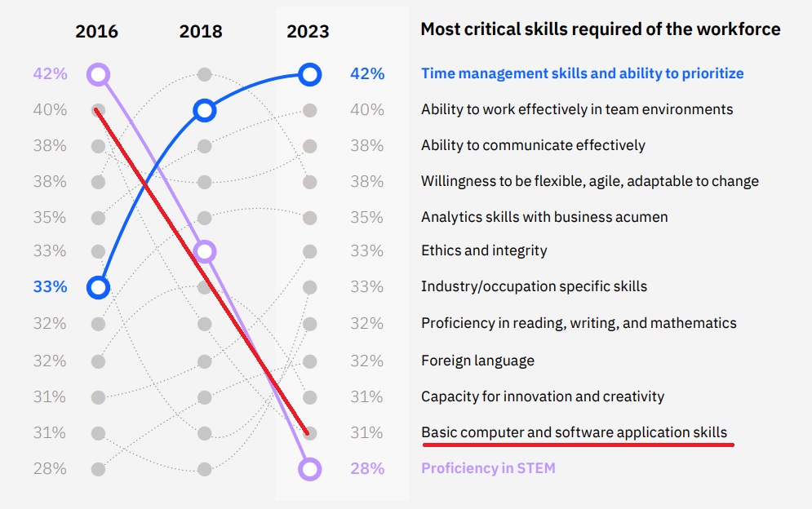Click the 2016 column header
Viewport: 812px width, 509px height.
click(96, 32)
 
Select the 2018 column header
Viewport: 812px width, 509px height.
click(201, 32)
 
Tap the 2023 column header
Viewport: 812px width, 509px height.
click(308, 32)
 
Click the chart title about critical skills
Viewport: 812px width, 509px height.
click(600, 29)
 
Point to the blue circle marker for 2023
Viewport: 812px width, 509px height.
click(309, 75)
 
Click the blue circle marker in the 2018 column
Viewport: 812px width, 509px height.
click(204, 110)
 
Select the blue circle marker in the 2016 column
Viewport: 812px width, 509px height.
click(98, 287)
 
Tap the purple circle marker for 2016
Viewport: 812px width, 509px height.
click(98, 75)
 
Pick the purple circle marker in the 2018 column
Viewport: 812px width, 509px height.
click(205, 251)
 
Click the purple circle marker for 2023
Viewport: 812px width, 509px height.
click(309, 469)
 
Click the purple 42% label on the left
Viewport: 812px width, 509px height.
click(50, 74)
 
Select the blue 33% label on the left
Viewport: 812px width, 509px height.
click(50, 287)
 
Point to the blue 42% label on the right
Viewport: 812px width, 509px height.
click(366, 74)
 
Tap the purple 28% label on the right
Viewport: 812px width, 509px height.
click(366, 469)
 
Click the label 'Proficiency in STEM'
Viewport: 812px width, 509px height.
click(488, 469)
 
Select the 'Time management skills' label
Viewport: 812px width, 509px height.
click(582, 73)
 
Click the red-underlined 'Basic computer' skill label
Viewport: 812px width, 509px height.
click(574, 432)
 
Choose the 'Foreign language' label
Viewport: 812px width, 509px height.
click(477, 361)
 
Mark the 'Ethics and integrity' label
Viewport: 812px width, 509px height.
click(484, 250)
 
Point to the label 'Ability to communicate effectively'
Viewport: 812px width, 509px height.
click(533, 145)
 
